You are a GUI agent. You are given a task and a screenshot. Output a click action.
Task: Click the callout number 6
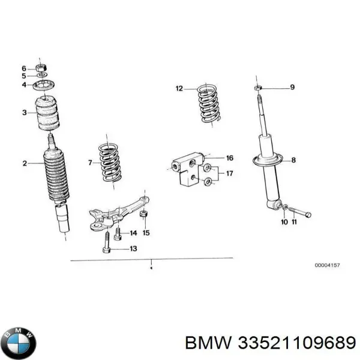[24, 67]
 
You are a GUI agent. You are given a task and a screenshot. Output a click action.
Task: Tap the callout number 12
[179, 89]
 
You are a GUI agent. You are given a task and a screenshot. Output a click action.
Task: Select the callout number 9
[292, 88]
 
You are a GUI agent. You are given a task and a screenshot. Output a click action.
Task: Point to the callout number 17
[229, 174]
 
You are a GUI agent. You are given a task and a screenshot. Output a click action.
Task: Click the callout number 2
[25, 163]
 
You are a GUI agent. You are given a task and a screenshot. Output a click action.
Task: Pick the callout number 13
[133, 248]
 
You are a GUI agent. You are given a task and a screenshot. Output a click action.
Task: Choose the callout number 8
[293, 160]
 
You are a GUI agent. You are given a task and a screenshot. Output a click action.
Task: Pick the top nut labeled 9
[256, 88]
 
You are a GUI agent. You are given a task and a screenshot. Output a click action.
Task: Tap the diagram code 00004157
[331, 265]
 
